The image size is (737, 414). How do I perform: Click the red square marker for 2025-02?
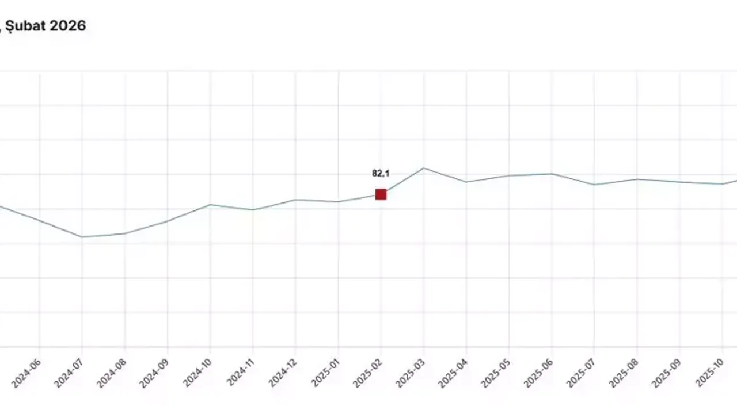[381, 194]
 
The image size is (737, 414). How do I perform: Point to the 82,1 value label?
[380, 173]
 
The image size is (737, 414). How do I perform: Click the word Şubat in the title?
[26, 26]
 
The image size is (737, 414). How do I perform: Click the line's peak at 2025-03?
[424, 168]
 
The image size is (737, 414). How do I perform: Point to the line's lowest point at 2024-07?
[82, 237]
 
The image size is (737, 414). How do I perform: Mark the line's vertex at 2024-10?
[211, 205]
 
